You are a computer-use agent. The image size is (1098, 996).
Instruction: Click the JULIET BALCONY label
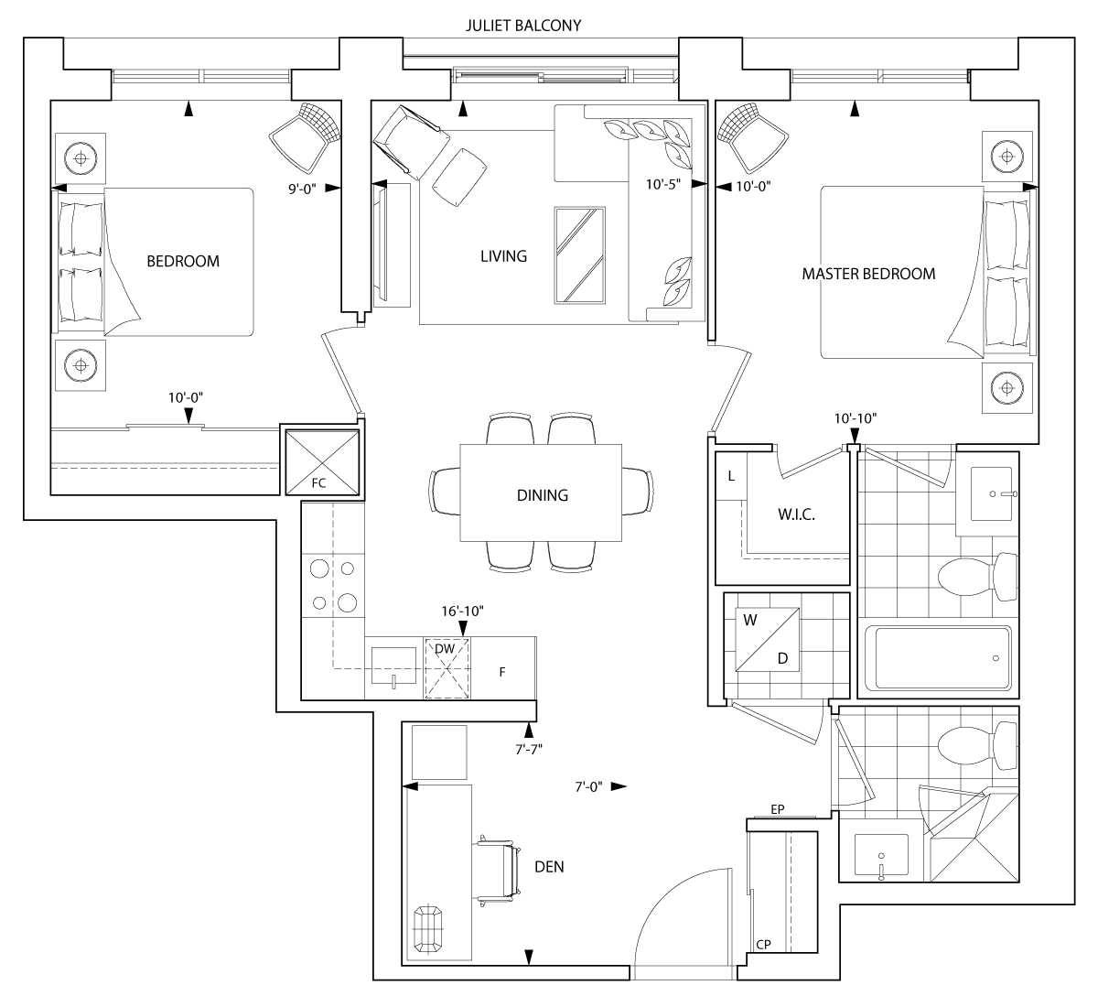pos(522,26)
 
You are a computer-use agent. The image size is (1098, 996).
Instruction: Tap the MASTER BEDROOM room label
pos(868,274)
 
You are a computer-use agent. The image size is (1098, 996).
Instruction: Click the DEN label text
pos(548,866)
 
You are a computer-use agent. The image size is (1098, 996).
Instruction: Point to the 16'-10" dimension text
pos(462,611)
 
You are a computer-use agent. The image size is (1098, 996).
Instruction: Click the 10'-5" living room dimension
pos(663,185)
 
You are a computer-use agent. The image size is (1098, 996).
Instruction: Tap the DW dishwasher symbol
pos(446,649)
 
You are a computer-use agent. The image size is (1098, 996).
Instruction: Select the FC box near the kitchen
pos(319,462)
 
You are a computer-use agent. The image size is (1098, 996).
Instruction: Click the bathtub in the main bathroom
pos(938,659)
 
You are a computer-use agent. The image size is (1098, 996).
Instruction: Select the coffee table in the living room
pos(579,254)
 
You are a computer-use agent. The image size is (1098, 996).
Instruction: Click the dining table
pos(542,494)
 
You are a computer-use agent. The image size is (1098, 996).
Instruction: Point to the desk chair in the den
pos(498,870)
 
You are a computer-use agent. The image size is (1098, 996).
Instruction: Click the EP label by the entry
pos(778,809)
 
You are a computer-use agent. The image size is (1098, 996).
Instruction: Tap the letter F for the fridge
pos(501,672)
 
